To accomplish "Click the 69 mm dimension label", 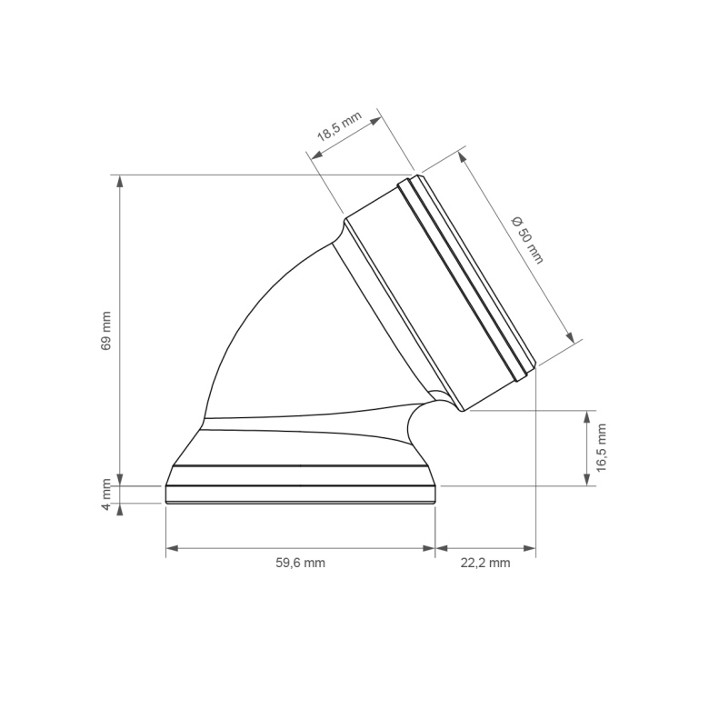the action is click(x=105, y=331).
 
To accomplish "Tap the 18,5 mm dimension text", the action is click(x=339, y=126).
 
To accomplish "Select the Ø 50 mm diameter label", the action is click(x=527, y=240).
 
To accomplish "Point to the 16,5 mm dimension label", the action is click(x=601, y=447).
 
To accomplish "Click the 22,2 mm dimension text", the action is click(x=485, y=563).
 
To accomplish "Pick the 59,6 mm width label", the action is click(x=300, y=563).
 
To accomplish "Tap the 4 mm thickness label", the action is click(x=105, y=494).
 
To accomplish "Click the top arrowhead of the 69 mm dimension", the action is click(x=120, y=181).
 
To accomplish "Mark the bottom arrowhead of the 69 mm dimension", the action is click(x=120, y=479).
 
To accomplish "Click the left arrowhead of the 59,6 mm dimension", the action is click(x=173, y=548).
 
